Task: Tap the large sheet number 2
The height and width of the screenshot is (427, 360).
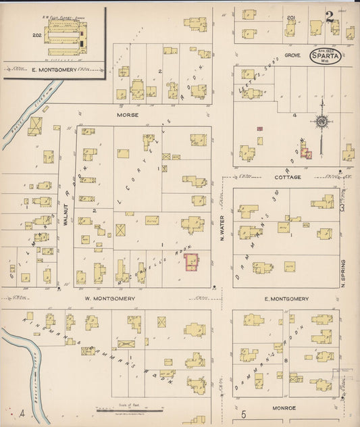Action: click(330, 17)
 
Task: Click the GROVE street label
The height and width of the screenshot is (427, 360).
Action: click(292, 55)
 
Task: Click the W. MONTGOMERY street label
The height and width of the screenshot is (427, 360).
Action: click(110, 298)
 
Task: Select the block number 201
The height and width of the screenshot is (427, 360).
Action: click(291, 17)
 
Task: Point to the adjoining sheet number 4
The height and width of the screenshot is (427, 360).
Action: click(22, 413)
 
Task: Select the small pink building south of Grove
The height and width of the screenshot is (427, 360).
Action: click(259, 128)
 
